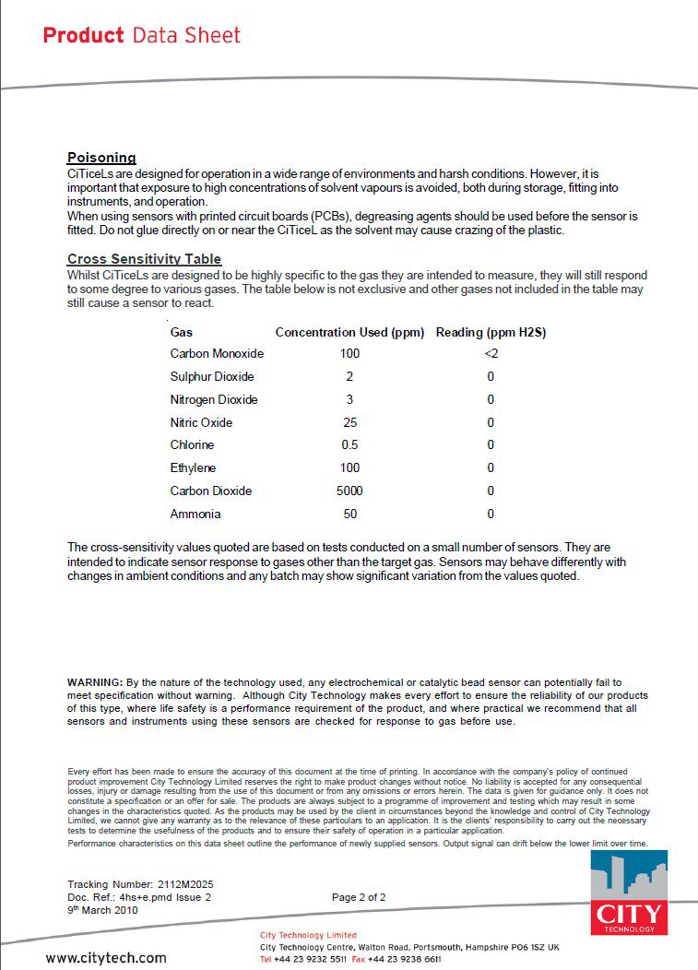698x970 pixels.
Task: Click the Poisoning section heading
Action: pos(101,158)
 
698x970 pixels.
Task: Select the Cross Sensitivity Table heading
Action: pos(144,259)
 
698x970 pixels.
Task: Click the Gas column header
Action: pos(182,332)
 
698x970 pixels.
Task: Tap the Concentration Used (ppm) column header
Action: pos(349,332)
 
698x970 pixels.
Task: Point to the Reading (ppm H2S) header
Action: pos(491,332)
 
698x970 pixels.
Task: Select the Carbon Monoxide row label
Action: pos(217,354)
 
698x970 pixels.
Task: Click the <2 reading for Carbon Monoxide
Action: pos(491,354)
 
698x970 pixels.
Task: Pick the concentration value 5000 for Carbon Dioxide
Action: pos(349,491)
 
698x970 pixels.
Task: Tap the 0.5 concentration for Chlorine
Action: pos(349,445)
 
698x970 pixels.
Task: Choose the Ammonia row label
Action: pos(195,515)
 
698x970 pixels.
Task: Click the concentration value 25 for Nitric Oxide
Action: pos(349,422)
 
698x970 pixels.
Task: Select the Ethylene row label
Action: pos(193,468)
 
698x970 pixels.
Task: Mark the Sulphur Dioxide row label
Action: pos(212,377)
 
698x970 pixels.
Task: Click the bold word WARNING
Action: pos(94,681)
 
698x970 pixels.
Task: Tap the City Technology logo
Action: pos(629,893)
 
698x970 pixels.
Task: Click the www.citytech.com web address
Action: pos(106,958)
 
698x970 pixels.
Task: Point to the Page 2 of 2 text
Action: pos(359,897)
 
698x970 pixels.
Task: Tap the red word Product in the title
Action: pos(83,36)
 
